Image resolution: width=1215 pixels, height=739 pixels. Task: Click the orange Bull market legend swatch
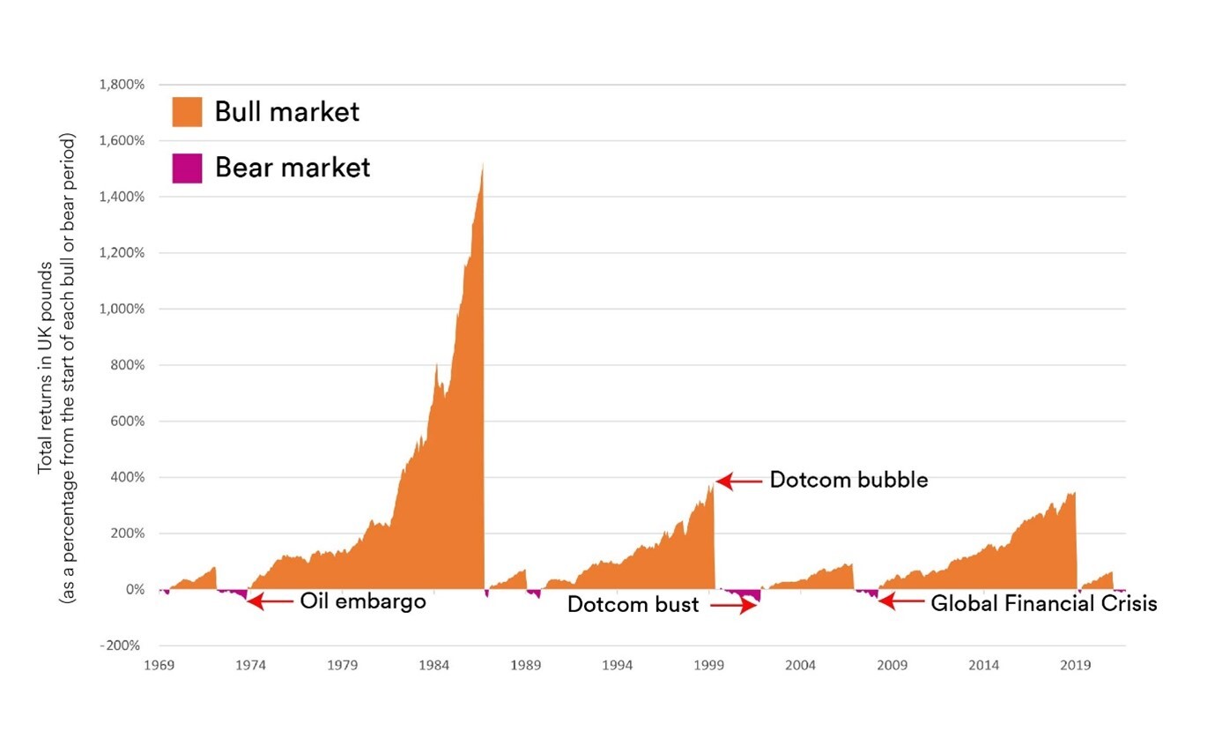187,112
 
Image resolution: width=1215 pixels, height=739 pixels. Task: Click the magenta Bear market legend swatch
187,168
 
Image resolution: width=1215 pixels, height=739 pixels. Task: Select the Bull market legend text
286,112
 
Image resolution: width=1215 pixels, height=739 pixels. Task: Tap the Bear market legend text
292,168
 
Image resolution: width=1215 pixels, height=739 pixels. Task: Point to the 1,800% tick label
122,85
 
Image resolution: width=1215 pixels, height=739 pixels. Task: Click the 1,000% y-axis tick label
122,309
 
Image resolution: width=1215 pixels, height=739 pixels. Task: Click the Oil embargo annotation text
363,601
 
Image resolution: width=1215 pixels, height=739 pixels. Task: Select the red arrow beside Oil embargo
270,601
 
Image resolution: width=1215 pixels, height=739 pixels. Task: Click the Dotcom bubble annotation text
848,481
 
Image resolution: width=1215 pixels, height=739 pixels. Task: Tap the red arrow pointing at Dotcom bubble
738,481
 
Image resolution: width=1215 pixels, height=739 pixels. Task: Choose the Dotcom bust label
633,605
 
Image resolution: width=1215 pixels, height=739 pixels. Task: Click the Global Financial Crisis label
1043,604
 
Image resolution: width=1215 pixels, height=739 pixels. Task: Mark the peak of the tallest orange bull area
483,163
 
